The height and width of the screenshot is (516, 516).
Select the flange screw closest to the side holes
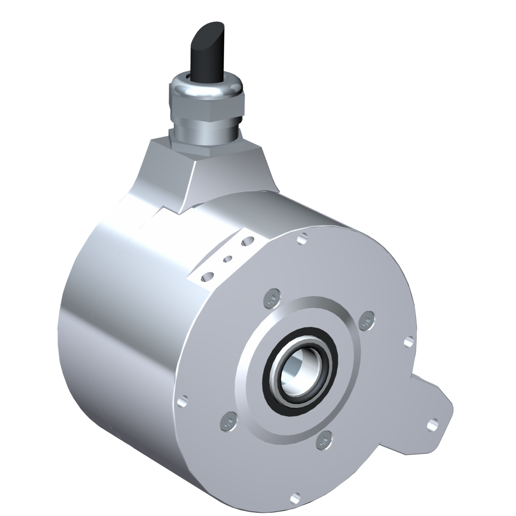pos(273,298)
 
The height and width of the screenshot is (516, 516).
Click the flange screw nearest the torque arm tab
pos(366,322)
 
